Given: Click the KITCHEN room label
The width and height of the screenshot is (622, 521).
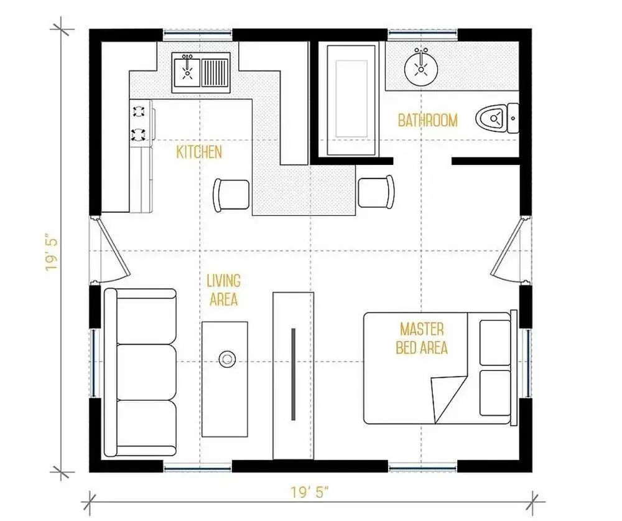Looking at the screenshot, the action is [199, 152].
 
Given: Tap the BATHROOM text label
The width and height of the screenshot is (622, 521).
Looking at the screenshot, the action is [428, 120].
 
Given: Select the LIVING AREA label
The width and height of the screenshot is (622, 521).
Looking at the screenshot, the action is [224, 290].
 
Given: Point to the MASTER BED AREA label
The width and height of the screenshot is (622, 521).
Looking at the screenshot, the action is [422, 339].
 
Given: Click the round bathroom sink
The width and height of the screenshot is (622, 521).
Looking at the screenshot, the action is [421, 69].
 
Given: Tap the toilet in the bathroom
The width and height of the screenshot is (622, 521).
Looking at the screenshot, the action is [496, 118].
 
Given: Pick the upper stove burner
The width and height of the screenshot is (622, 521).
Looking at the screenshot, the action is [139, 111].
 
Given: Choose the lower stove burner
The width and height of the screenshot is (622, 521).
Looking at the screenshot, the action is [139, 134].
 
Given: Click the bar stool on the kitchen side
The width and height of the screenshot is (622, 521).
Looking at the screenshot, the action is [231, 195].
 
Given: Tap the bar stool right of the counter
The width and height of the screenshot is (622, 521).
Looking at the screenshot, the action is [376, 192].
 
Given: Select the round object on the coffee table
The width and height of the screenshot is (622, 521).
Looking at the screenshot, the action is [227, 359].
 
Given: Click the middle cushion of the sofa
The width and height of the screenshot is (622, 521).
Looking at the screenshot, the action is [147, 372].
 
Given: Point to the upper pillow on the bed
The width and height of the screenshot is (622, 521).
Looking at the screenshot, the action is [495, 342].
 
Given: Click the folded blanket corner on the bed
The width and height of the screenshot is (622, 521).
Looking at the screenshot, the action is [449, 399].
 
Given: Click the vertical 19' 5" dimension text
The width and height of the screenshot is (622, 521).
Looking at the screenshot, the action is [52, 254].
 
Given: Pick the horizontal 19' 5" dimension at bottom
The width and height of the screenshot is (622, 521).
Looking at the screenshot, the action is [310, 493].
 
